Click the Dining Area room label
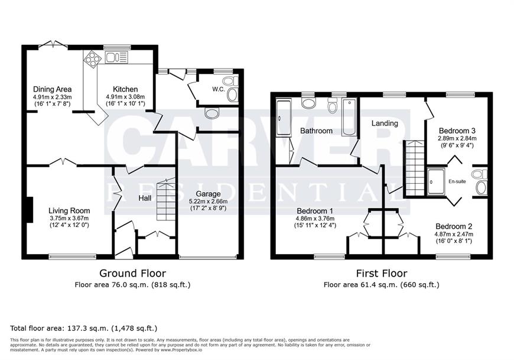click(x=53, y=89)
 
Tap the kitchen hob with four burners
click(x=92, y=59)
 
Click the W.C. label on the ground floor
click(x=219, y=89)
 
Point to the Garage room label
click(x=208, y=194)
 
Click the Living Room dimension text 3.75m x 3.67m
click(x=69, y=218)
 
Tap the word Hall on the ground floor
click(x=145, y=198)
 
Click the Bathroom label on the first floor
click(x=316, y=131)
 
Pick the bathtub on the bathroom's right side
click(x=349, y=118)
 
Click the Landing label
click(x=385, y=124)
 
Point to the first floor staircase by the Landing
click(x=415, y=168)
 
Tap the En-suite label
click(x=457, y=181)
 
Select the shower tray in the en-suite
click(x=436, y=181)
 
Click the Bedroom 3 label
click(x=457, y=130)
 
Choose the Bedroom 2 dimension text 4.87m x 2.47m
click(x=454, y=234)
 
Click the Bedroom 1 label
click(x=315, y=211)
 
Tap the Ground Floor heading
click(x=132, y=273)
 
